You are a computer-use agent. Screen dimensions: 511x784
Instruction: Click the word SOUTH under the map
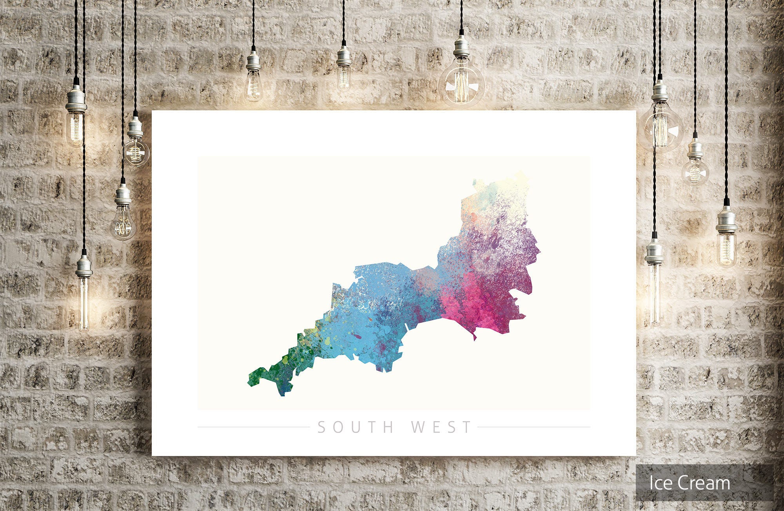tap(355, 427)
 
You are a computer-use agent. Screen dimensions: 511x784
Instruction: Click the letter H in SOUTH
tap(388, 427)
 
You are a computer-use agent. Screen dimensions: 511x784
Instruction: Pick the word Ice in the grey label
tap(662, 483)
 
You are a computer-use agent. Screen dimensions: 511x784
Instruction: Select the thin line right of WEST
tap(534, 427)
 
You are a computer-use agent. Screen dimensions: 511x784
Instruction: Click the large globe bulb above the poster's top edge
tap(461, 84)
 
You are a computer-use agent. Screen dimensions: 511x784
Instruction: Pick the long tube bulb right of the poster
tap(654, 294)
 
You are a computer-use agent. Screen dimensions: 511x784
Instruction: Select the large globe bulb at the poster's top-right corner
tap(661, 128)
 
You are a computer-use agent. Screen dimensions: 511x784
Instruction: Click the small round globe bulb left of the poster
tap(136, 151)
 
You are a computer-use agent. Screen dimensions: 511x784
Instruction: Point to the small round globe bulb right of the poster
tap(695, 172)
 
